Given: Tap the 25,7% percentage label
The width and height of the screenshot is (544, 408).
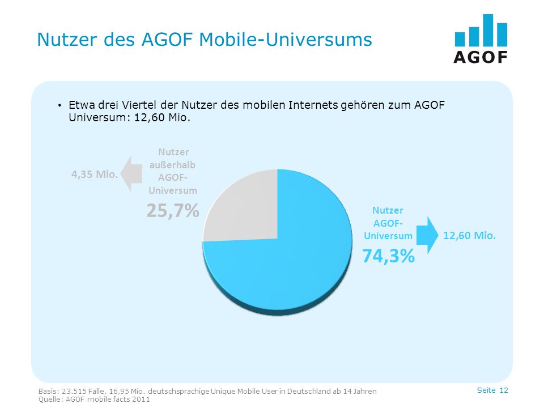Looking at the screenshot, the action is click(173, 210).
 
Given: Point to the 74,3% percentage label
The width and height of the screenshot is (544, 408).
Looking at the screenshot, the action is click(388, 256).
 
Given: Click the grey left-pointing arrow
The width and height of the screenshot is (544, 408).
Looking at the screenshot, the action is click(131, 173).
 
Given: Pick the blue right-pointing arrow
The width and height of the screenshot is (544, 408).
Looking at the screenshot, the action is click(427, 235).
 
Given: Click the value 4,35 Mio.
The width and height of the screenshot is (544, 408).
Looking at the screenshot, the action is click(95, 174).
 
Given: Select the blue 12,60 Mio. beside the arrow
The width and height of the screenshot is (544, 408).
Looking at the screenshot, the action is click(469, 236).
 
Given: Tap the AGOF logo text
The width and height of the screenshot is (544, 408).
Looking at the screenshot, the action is click(481, 57).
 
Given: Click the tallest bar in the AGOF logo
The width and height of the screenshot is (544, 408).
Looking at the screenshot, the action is click(488, 30).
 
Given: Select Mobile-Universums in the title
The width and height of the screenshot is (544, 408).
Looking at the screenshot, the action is click(285, 39).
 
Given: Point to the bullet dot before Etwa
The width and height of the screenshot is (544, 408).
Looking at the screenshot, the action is click(59, 105).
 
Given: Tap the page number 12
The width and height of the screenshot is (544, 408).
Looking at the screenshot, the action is click(504, 390).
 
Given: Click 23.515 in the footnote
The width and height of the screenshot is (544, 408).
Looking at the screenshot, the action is click(74, 392).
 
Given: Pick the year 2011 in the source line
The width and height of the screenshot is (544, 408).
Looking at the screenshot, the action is click(142, 399).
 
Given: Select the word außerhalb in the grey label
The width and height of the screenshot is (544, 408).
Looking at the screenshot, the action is click(172, 165).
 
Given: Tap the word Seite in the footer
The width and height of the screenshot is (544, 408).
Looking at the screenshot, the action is click(486, 390).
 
